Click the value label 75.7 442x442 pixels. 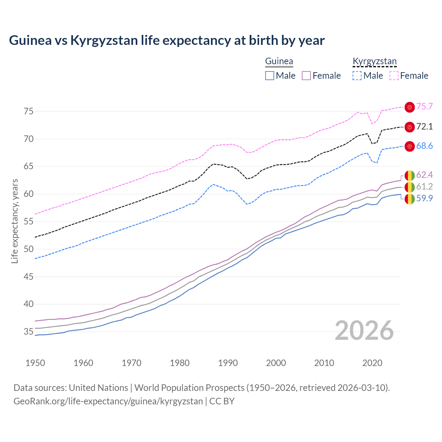tap(424, 107)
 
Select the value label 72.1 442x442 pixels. tap(424, 127)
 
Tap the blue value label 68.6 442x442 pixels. tap(424, 146)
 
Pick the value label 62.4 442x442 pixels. tap(424, 175)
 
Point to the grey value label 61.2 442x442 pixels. tap(424, 187)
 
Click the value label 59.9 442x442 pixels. tap(424, 199)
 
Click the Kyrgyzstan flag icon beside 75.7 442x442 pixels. tap(410, 107)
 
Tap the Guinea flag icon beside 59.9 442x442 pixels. tap(410, 199)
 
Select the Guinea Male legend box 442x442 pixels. tap(270, 76)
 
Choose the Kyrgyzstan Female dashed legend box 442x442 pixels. tap(394, 76)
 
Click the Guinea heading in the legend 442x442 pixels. tap(279, 61)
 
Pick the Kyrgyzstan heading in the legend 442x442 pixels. tap(375, 61)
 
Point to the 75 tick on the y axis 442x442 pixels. tap(28, 111)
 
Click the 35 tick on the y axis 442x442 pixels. tap(28, 332)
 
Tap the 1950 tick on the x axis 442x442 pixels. tap(35, 363)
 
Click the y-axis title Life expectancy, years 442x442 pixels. tap(15, 221)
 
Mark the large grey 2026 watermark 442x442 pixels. tap(364, 330)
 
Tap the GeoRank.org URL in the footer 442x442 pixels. tap(108, 401)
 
